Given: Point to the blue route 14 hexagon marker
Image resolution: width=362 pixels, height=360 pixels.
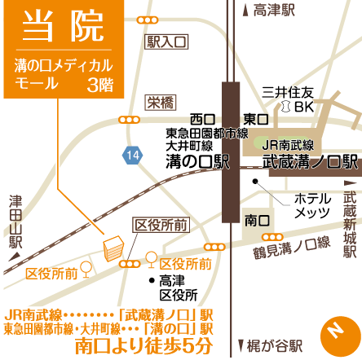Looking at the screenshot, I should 131,154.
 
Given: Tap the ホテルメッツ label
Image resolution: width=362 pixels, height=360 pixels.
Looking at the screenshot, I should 313,205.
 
